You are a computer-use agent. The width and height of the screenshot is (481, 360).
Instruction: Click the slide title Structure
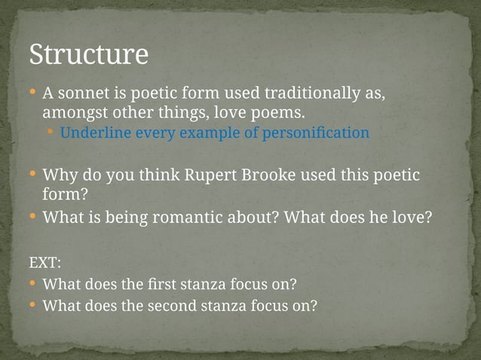click(88, 55)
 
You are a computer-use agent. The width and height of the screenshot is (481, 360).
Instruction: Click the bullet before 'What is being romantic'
click(32, 218)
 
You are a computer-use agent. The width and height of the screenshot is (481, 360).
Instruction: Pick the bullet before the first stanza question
click(32, 285)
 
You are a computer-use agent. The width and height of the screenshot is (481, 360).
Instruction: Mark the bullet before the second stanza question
click(32, 306)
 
